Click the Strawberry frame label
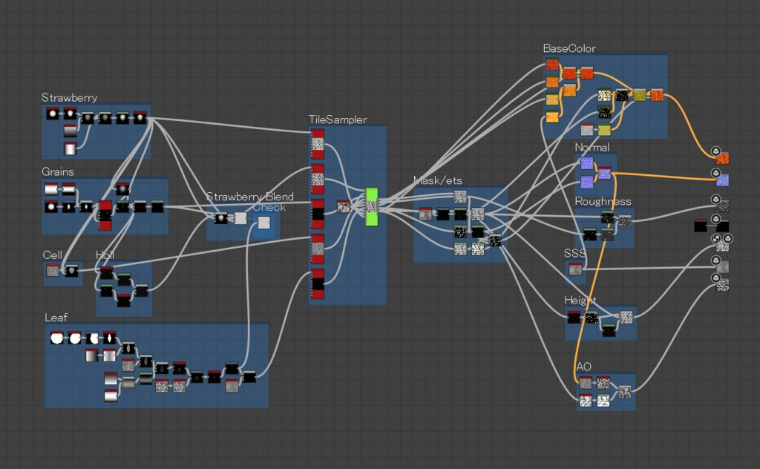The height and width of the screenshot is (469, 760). coord(69,98)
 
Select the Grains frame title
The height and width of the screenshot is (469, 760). coord(58,171)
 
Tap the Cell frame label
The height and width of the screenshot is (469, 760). coord(52,255)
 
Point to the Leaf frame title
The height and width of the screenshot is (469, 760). coord(56,317)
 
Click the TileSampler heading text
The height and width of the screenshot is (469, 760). coord(338,119)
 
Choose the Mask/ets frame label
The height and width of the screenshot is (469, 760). coord(439,180)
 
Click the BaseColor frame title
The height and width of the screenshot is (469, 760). coord(569,48)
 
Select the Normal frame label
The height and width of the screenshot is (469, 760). coord(592,148)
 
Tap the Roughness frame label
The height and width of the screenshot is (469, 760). coord(603,201)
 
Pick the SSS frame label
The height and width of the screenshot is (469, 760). coord(574,254)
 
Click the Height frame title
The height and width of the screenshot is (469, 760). coord(580,300)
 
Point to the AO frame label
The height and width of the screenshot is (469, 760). coord(583,366)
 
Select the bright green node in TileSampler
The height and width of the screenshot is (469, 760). coord(372,206)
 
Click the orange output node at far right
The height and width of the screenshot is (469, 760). coord(723,158)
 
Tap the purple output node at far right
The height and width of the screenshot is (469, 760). coord(723,180)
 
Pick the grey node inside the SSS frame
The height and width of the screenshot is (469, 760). coord(576,270)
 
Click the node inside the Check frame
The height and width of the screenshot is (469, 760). coord(263,224)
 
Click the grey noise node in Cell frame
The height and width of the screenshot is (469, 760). coord(53,271)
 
